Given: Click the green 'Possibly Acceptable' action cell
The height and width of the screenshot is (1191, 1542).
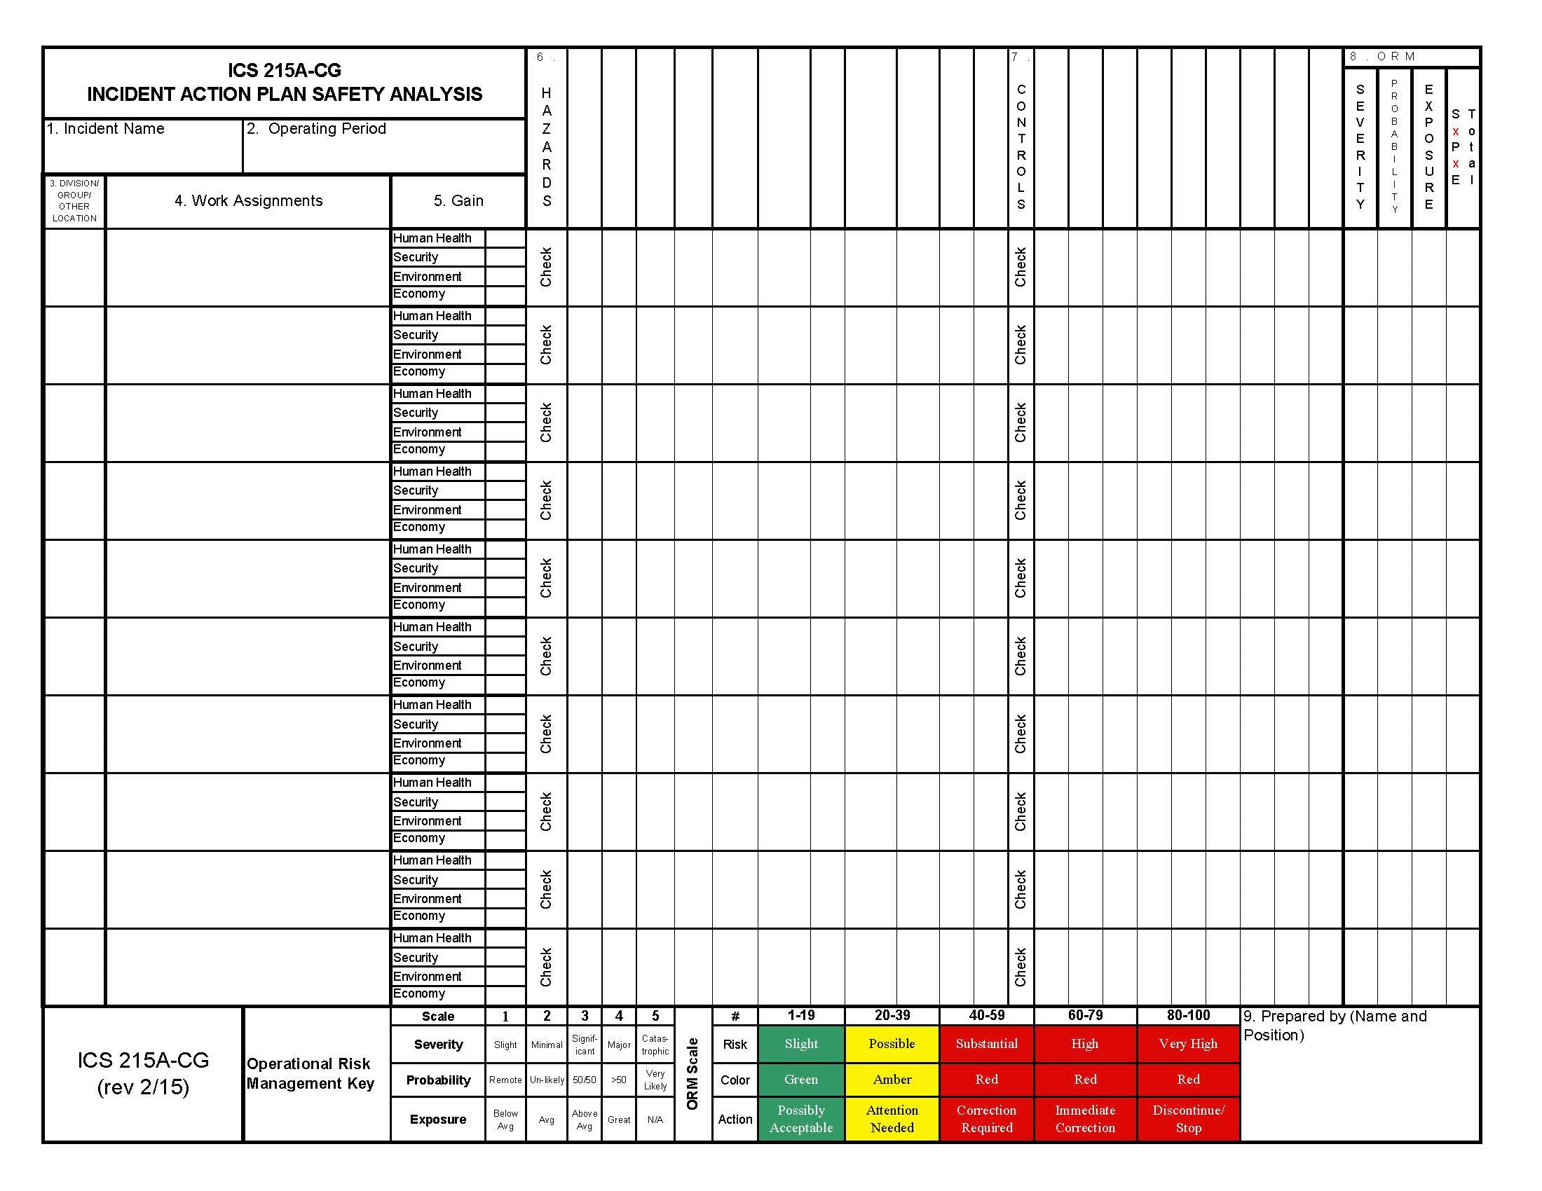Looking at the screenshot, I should (x=800, y=1118).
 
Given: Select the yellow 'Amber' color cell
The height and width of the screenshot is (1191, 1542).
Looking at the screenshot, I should (x=892, y=1080).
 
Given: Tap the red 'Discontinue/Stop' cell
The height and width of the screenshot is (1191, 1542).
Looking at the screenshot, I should (x=1188, y=1118).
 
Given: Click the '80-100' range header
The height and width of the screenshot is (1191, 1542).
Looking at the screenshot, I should (x=1188, y=1015).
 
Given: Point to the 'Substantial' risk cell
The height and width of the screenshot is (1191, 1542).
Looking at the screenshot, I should (x=986, y=1044).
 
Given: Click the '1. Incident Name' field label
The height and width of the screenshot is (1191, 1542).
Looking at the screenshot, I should (x=105, y=129).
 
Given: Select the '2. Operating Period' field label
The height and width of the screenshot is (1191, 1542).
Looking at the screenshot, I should (x=316, y=129).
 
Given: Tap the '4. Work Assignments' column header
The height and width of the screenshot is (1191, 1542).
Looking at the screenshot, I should (x=249, y=201).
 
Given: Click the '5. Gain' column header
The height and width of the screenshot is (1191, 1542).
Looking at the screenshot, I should (x=458, y=201).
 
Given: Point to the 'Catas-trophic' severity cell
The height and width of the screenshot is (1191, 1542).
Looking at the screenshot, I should (x=655, y=1045).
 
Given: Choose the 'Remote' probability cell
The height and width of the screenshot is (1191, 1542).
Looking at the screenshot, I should (x=505, y=1080).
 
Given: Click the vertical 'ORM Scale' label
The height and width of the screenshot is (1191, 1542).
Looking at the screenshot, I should (x=692, y=1073).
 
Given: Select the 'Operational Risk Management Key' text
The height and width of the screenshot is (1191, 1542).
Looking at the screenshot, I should (x=310, y=1073).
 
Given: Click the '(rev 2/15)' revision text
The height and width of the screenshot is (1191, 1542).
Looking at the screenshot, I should (x=143, y=1087).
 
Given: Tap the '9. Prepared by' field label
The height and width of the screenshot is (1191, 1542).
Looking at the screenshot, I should (x=1335, y=1025).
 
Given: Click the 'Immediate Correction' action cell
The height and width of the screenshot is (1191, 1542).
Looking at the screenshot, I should (x=1085, y=1118).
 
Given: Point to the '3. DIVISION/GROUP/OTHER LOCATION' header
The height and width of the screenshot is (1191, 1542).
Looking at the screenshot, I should (x=74, y=201).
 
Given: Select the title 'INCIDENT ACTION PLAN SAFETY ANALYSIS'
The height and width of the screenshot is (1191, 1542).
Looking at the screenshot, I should (x=285, y=95).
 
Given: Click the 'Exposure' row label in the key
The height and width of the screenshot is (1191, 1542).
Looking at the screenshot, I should (x=438, y=1119).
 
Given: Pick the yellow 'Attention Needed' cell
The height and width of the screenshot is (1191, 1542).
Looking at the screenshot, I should (x=892, y=1118).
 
